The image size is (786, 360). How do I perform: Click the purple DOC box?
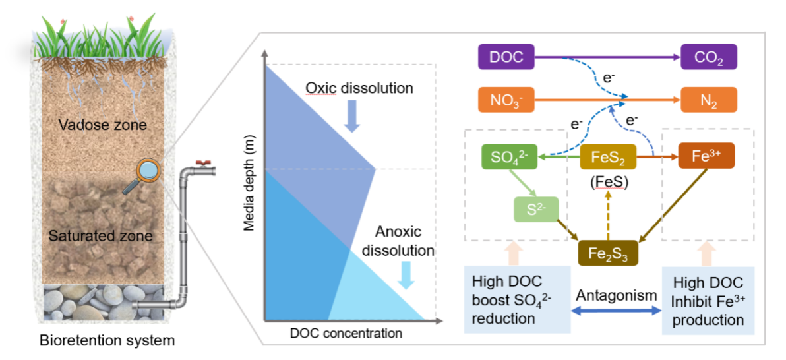(506, 57)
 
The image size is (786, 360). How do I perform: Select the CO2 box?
(708, 57)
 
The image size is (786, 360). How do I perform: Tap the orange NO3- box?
(506, 101)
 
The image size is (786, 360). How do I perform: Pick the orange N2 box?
(708, 101)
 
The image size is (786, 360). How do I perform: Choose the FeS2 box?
(607, 158)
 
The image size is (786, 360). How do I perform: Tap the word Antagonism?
(617, 295)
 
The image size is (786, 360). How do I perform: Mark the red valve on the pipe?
(204, 162)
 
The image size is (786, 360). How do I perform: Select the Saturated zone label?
(100, 235)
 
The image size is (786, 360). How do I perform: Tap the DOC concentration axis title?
(346, 334)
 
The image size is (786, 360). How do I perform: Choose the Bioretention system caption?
(107, 341)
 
